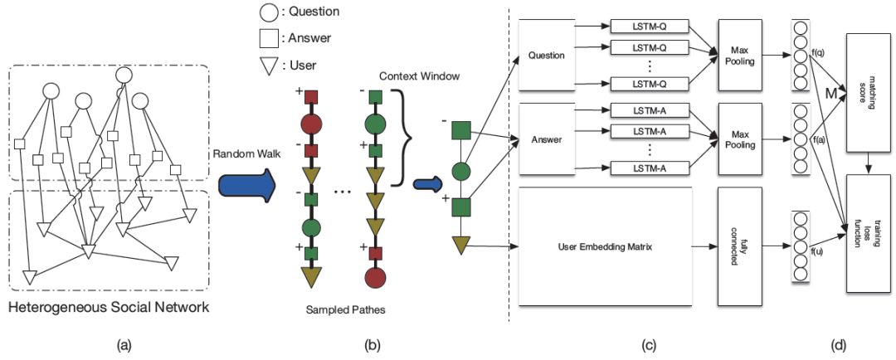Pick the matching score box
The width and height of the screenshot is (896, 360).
click(866, 92)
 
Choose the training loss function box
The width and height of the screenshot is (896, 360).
click(866, 233)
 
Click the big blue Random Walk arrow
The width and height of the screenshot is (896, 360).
click(244, 184)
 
